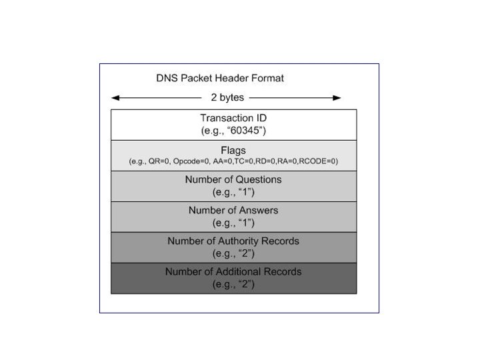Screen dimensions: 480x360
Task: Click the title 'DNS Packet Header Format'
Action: click(219, 78)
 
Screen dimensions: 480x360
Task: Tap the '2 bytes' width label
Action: click(227, 97)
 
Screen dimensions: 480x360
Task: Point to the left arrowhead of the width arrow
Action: click(115, 98)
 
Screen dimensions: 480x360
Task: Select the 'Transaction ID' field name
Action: click(233, 117)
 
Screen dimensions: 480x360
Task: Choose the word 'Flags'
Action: click(233, 149)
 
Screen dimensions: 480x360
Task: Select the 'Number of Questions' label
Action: click(233, 179)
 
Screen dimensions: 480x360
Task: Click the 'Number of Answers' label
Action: click(233, 210)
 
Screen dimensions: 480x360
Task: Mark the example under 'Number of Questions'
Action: click(233, 192)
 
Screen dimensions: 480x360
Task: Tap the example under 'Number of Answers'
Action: click(233, 223)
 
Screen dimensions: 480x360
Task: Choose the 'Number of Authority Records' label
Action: click(233, 241)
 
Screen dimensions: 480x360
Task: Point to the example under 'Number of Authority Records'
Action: click(233, 253)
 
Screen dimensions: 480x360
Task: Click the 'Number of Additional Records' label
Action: click(233, 271)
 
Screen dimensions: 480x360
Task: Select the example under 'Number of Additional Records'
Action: click(233, 284)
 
